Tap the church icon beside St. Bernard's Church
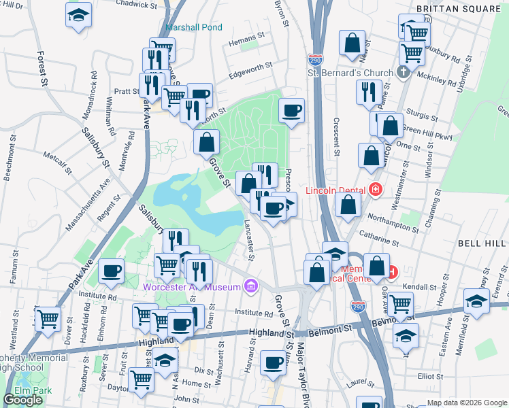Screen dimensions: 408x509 pyautogui.click(x=403, y=72)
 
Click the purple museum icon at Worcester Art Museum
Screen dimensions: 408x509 pyautogui.click(x=251, y=286)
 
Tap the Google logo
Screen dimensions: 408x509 pyautogui.click(x=22, y=400)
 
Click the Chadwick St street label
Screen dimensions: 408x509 pyautogui.click(x=136, y=4)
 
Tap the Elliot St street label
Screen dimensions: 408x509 pyautogui.click(x=430, y=375)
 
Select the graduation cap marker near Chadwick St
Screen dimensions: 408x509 pyautogui.click(x=79, y=15)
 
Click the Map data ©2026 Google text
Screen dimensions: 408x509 pyautogui.click(x=467, y=402)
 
